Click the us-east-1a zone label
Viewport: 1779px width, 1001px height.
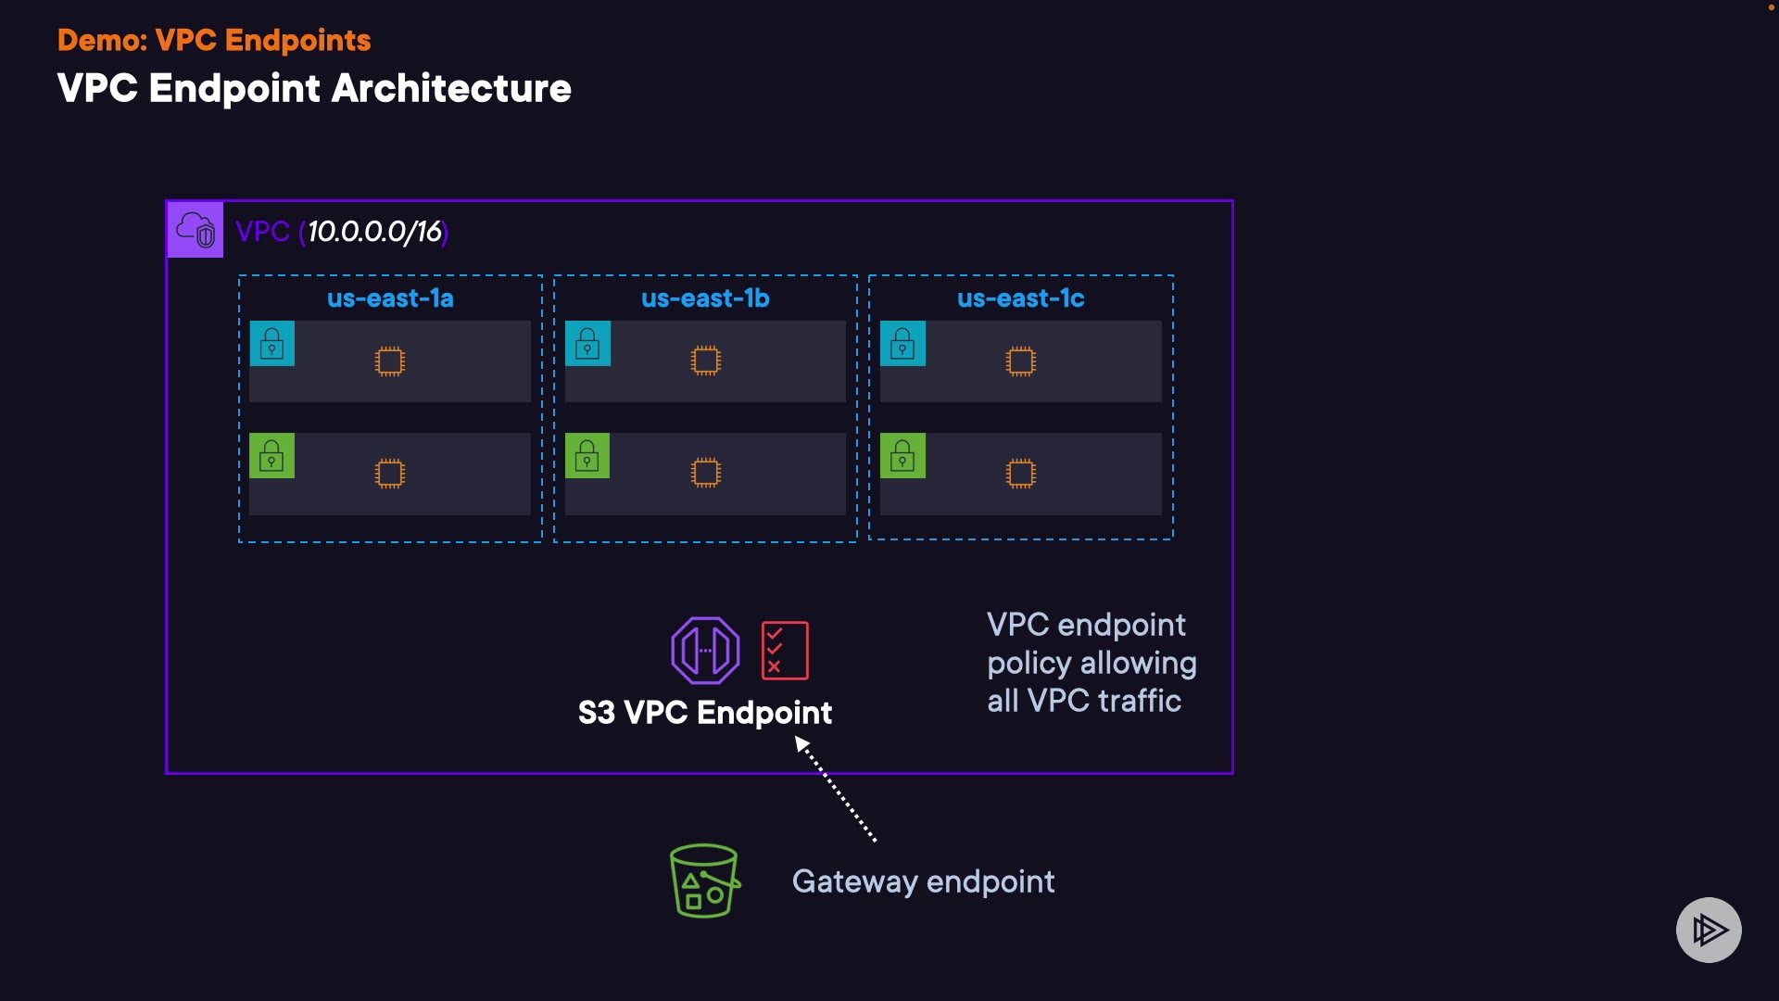390,298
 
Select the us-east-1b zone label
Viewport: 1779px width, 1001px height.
705,298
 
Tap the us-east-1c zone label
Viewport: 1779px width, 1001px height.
1020,298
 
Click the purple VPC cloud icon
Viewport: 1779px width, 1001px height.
195,230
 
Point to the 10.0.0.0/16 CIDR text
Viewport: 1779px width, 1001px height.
374,232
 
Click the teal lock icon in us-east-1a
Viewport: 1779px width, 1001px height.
272,344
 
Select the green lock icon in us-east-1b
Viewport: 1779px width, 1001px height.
587,456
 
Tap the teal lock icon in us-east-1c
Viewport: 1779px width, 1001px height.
902,344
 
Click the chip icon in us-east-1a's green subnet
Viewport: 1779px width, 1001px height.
390,474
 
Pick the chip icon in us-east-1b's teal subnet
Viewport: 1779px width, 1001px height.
705,361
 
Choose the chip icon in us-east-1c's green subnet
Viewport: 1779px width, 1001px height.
1020,474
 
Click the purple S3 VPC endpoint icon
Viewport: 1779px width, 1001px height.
705,651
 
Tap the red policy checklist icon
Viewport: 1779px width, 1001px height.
785,651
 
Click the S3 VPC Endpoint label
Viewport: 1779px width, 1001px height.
705,713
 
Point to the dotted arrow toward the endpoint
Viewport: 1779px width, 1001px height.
837,790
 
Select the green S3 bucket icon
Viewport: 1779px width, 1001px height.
704,881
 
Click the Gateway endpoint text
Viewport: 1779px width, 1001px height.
923,881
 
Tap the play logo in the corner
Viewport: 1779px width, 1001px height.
1709,930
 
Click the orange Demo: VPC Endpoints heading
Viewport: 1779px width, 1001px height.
214,41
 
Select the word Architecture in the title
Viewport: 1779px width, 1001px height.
451,89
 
